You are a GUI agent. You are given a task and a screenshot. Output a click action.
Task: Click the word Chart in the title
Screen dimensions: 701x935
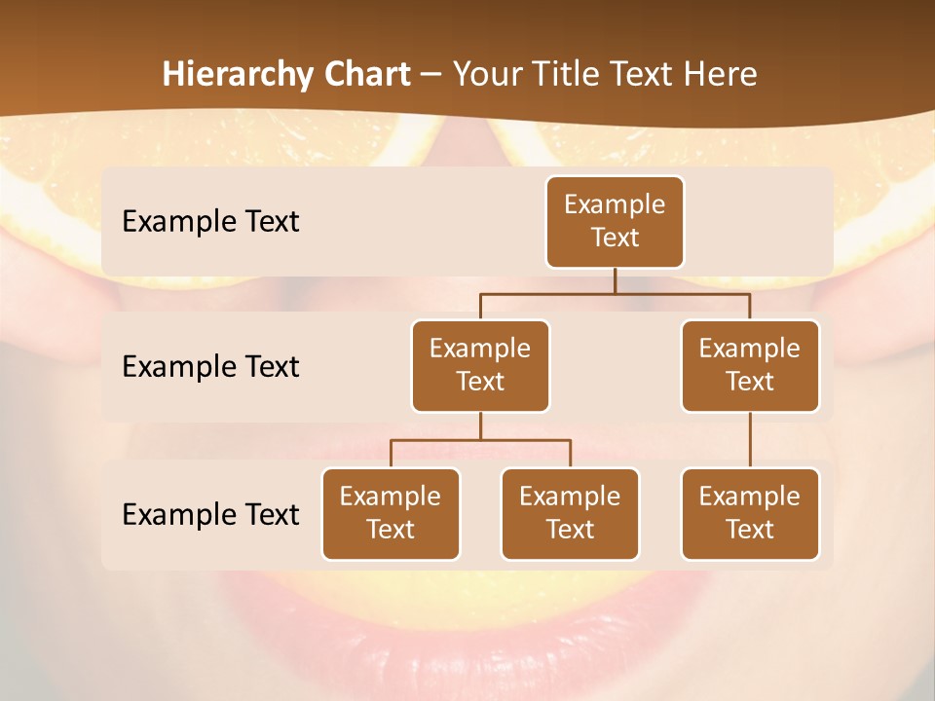tap(365, 74)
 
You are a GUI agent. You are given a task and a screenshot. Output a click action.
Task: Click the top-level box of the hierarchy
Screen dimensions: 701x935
tap(615, 222)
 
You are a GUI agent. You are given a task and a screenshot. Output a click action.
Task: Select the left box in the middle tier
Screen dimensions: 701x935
tap(480, 365)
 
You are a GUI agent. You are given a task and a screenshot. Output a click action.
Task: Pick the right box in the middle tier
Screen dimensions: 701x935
tap(750, 365)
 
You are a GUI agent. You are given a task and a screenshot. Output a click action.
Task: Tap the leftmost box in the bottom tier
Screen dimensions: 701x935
tap(391, 513)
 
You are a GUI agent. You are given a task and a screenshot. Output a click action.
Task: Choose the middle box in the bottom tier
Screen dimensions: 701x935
tap(570, 513)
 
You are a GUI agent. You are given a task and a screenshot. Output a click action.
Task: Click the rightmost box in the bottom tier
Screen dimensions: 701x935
tap(750, 513)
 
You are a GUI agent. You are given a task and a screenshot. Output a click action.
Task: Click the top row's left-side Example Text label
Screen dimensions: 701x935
tap(210, 222)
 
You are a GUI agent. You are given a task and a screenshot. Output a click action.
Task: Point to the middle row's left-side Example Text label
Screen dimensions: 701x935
tap(210, 367)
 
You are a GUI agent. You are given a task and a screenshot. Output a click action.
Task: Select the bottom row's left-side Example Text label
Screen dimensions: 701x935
tap(210, 514)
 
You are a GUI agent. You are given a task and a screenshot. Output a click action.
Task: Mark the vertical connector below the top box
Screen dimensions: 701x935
tap(615, 280)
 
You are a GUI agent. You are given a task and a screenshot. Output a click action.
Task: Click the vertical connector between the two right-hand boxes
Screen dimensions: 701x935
tap(750, 439)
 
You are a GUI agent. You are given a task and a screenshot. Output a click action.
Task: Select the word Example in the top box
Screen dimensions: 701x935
tap(615, 205)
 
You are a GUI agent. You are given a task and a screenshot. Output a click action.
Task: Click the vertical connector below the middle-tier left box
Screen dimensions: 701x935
tap(480, 426)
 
